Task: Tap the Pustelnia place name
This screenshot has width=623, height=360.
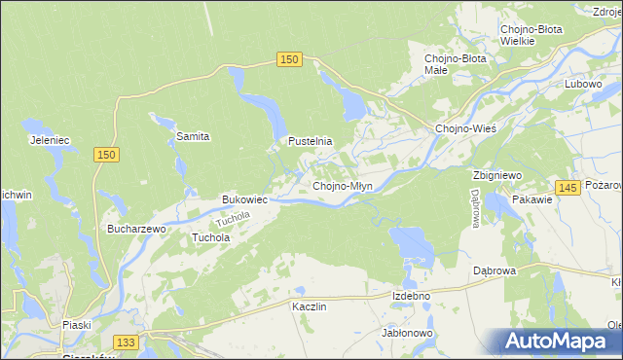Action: [310, 141]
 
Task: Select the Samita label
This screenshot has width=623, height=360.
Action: [193, 136]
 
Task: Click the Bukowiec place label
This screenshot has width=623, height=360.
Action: [244, 199]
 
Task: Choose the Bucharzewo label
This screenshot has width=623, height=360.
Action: [137, 229]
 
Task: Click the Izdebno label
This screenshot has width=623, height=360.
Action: [411, 296]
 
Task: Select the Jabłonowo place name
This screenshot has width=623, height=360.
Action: [408, 332]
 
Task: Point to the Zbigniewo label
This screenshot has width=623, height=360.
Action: [498, 175]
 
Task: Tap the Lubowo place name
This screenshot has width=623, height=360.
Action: [584, 84]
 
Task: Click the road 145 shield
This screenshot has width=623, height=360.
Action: [570, 188]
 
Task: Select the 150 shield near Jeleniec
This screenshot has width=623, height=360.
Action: [107, 155]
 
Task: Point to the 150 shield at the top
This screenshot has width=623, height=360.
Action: [288, 60]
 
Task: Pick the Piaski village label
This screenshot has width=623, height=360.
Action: [75, 325]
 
